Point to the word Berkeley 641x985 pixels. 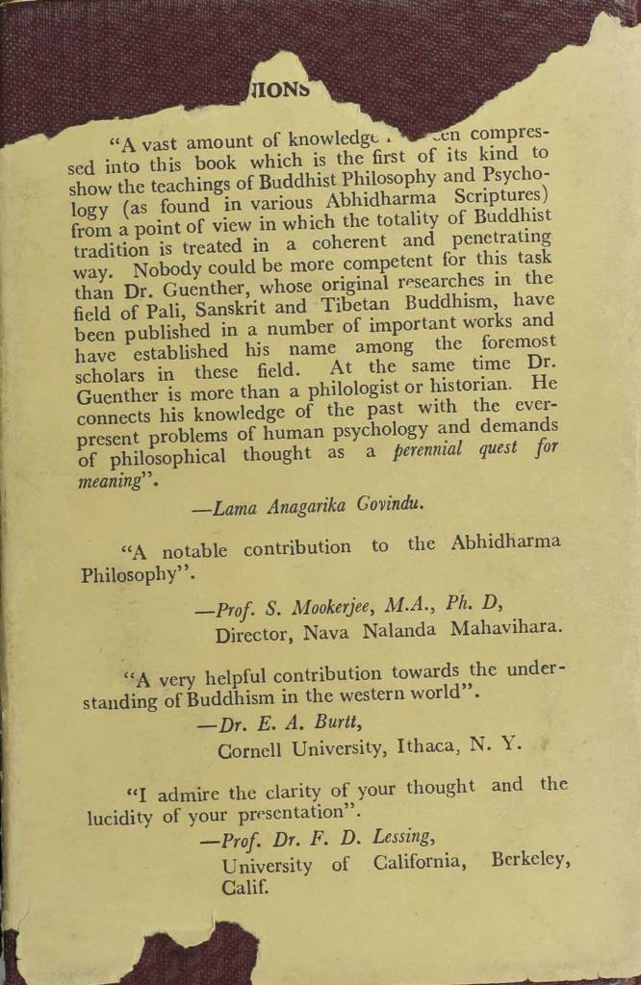click(x=529, y=859)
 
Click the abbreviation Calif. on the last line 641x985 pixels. click(x=244, y=889)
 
